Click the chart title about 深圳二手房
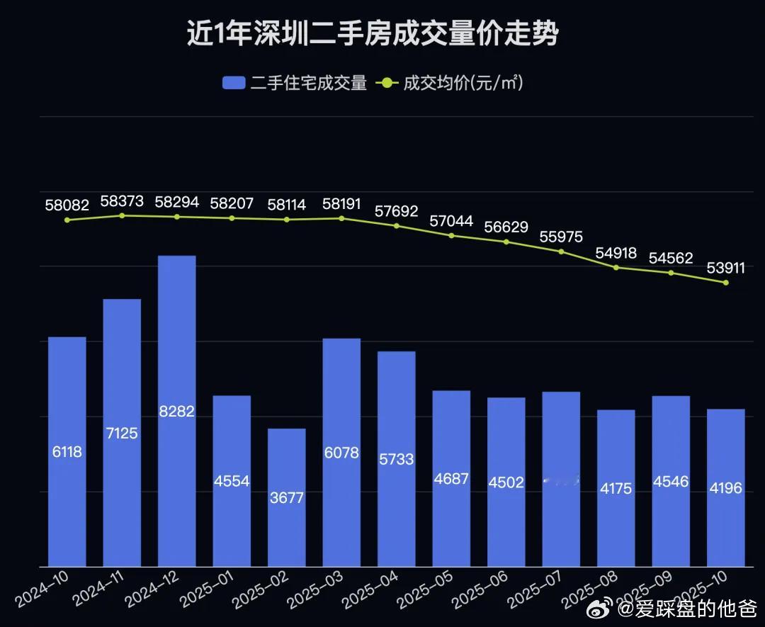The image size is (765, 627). tap(372, 33)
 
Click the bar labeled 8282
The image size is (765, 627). tap(176, 411)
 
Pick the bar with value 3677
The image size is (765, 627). tap(286, 497)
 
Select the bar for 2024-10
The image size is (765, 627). tap(67, 451)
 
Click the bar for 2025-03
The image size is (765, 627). tap(341, 452)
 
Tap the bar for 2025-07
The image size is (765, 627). tap(561, 479)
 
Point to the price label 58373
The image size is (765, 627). tap(122, 201)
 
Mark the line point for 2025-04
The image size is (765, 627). tap(396, 226)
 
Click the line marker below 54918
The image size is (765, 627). tap(616, 267)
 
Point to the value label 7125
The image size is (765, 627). tap(122, 432)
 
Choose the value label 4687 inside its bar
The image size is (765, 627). tap(451, 478)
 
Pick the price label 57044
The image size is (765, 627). tap(451, 221)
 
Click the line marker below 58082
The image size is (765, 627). tap(67, 220)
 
